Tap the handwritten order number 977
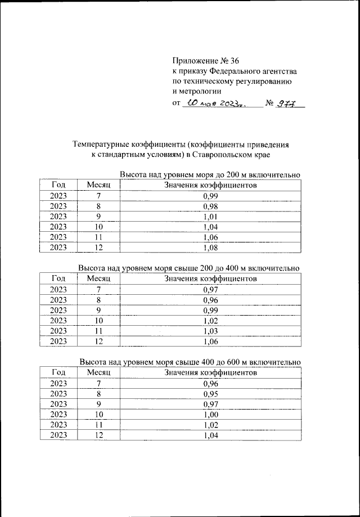pyautogui.click(x=289, y=103)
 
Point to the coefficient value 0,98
pyautogui.click(x=210, y=206)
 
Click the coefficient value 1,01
pyautogui.click(x=210, y=217)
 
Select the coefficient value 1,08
pyautogui.click(x=210, y=248)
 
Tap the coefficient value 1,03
pyautogui.click(x=210, y=331)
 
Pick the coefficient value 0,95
pyautogui.click(x=210, y=393)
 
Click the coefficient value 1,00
pyautogui.click(x=210, y=414)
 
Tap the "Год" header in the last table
pyautogui.click(x=58, y=372)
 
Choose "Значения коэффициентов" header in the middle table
pyautogui.click(x=210, y=278)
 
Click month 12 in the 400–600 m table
pyautogui.click(x=98, y=435)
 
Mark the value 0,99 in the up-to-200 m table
pyautogui.click(x=210, y=196)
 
